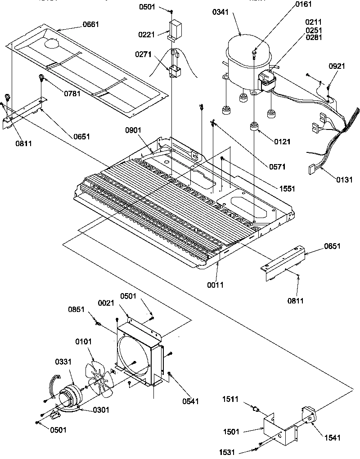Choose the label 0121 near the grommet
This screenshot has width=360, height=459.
click(283, 142)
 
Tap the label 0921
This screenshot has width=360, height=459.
click(337, 66)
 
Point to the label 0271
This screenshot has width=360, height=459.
click(143, 54)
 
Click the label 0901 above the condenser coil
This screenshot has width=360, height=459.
click(134, 130)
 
